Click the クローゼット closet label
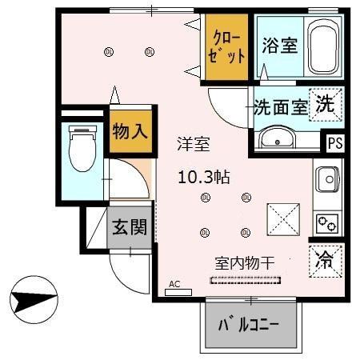(x=227, y=47)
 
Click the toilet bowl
(x=81, y=150)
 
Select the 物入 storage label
(x=129, y=131)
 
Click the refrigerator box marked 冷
(x=326, y=258)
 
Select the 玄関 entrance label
(x=129, y=228)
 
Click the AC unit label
(x=175, y=285)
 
